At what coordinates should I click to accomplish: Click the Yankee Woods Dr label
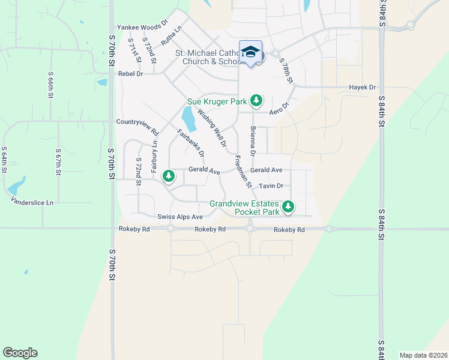coord(139,27)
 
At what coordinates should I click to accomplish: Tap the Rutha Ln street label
coord(171,38)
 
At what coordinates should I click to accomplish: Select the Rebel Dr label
coord(131,74)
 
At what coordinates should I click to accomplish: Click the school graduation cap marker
coord(251,53)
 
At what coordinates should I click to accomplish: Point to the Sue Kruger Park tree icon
coord(257,100)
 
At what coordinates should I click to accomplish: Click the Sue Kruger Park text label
coord(217,102)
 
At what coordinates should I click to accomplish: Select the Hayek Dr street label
coord(362,88)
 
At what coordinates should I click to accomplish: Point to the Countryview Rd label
coord(137,127)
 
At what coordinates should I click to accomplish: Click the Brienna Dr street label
coord(253,142)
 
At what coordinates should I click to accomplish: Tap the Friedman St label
coord(243,170)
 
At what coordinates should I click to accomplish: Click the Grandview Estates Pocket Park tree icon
coord(289,207)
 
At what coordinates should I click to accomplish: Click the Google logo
coord(20,353)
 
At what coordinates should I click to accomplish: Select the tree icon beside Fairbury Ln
coord(169,176)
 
